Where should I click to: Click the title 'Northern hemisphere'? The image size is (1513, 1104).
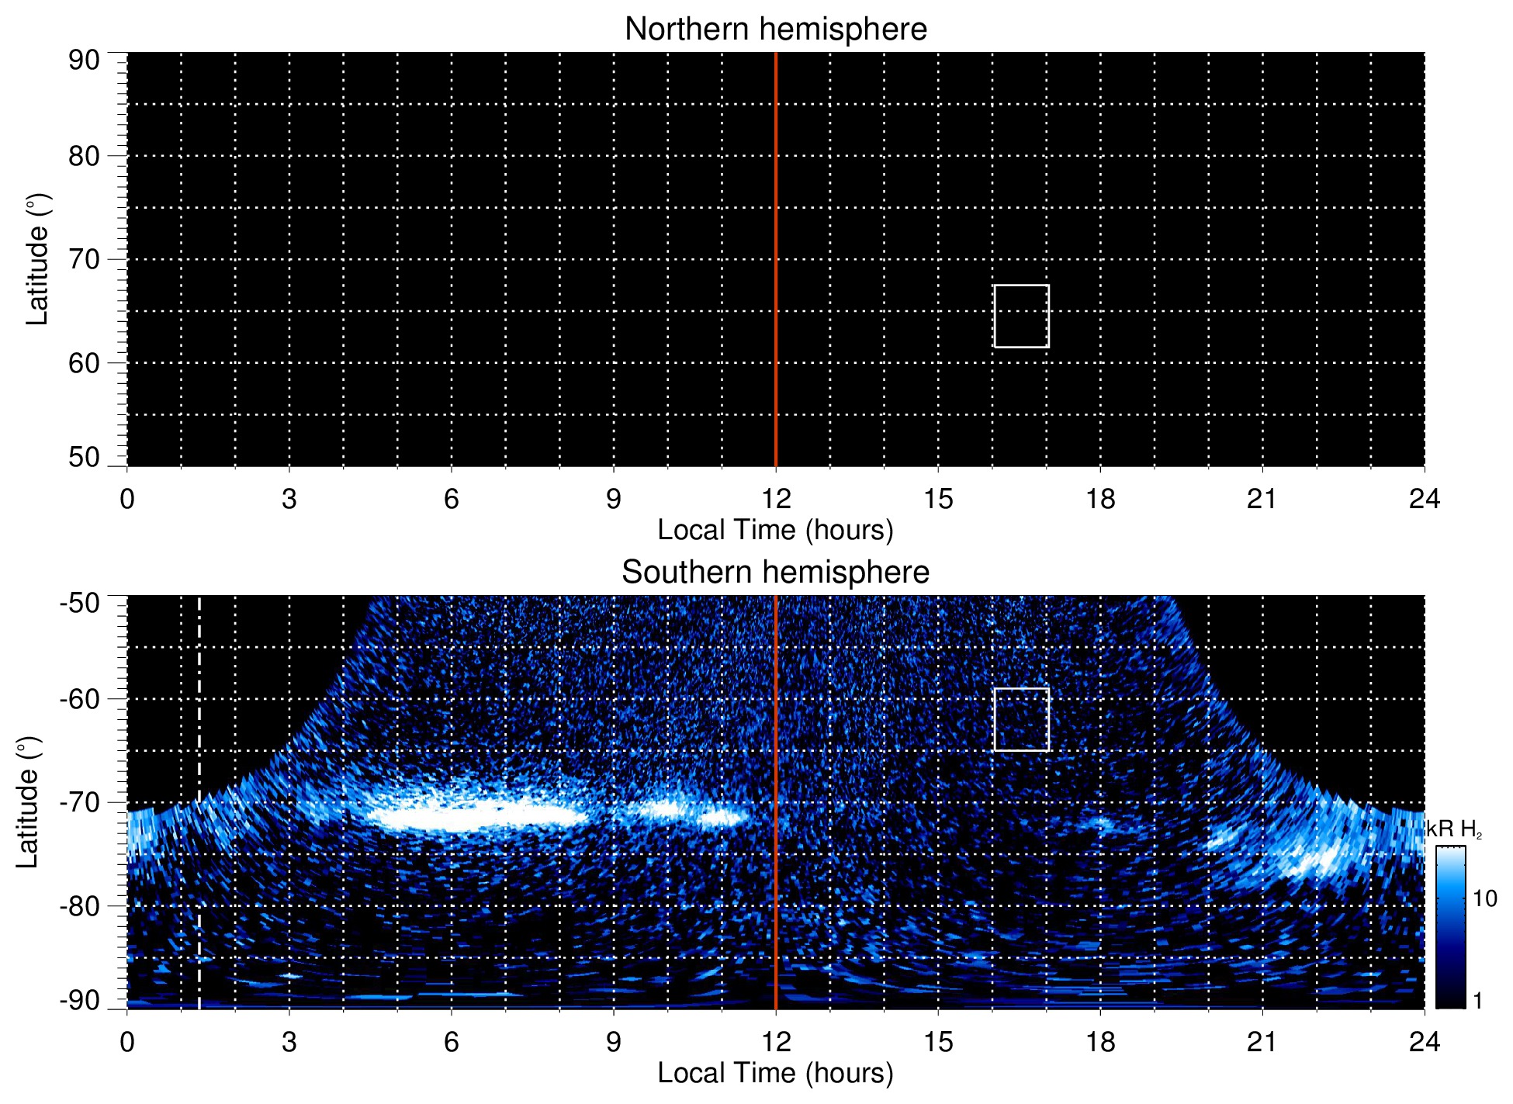pyautogui.click(x=775, y=29)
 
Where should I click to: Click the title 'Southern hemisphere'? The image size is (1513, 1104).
pyautogui.click(x=775, y=573)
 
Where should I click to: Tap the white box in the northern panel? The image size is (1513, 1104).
pyautogui.click(x=1021, y=317)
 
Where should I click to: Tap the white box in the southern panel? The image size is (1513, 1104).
pyautogui.click(x=1021, y=719)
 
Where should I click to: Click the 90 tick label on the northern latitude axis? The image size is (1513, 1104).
pyautogui.click(x=84, y=61)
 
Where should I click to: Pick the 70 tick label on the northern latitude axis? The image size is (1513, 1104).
pyautogui.click(x=84, y=259)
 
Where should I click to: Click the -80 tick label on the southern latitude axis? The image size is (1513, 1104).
pyautogui.click(x=80, y=905)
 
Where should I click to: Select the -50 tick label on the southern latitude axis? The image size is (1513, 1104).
pyautogui.click(x=80, y=603)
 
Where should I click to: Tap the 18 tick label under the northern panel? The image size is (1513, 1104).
pyautogui.click(x=1100, y=499)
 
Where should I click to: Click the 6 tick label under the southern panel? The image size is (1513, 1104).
pyautogui.click(x=451, y=1042)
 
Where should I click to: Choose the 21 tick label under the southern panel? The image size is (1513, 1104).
pyautogui.click(x=1262, y=1042)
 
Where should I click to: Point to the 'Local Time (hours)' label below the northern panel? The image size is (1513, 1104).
pyautogui.click(x=775, y=531)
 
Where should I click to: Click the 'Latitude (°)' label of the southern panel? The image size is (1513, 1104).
pyautogui.click(x=28, y=803)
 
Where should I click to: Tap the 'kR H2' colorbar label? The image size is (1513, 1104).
pyautogui.click(x=1454, y=830)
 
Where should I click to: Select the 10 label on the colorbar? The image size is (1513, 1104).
pyautogui.click(x=1484, y=899)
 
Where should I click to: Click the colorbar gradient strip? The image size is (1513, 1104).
pyautogui.click(x=1450, y=927)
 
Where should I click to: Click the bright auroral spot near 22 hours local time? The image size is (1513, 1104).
pyautogui.click(x=1319, y=860)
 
